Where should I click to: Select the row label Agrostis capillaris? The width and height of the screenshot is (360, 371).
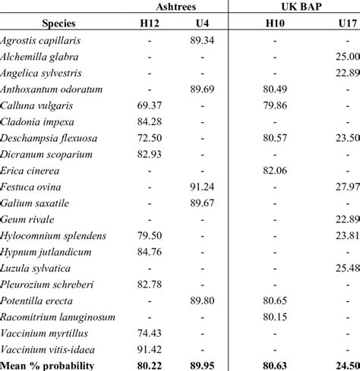pos(41,40)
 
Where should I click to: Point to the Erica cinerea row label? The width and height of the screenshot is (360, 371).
pos(31,171)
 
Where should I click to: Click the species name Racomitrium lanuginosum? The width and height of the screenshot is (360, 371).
pos(53,317)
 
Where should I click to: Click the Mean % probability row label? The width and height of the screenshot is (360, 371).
pos(48,365)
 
